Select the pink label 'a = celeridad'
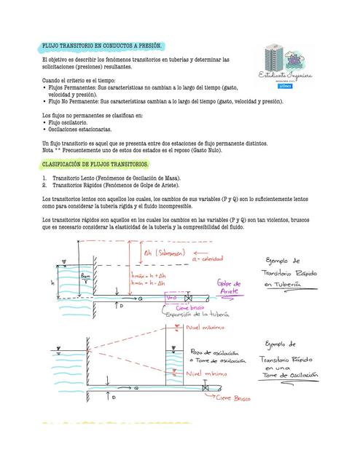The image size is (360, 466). coord(208,258)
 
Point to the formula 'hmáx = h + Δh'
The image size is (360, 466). coord(149,277)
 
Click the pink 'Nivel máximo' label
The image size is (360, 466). coord(205,328)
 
